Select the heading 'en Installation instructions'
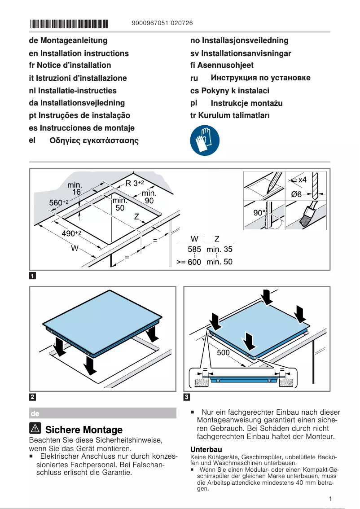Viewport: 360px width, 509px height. [x=79, y=53]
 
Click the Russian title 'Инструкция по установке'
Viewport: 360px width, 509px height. [x=260, y=78]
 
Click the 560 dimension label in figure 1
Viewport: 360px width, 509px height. [x=58, y=203]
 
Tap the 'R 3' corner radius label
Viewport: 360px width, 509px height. [x=134, y=183]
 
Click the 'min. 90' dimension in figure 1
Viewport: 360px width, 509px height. [x=149, y=197]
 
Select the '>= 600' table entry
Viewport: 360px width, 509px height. [x=189, y=262]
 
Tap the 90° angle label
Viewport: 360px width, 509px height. [x=259, y=213]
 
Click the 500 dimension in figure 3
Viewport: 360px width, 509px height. [x=223, y=353]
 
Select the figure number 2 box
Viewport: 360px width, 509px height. [x=33, y=397]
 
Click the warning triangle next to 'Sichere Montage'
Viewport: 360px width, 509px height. [x=35, y=429]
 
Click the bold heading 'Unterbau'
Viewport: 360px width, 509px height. [x=206, y=449]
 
